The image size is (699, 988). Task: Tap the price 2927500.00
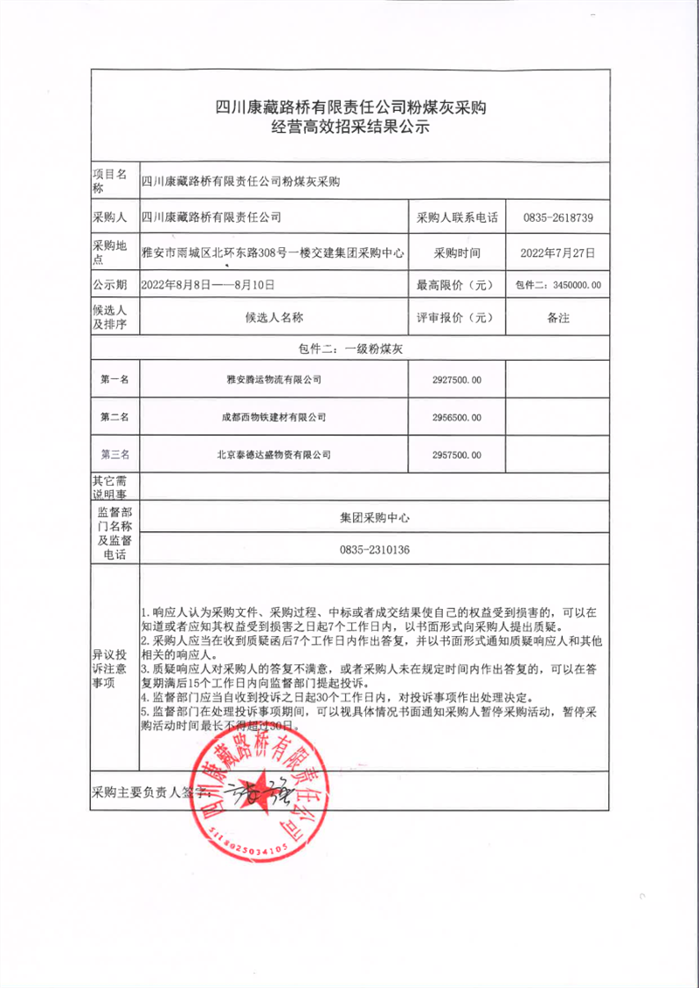click(456, 380)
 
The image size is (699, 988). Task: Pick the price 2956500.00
click(456, 418)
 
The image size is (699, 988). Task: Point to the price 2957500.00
click(456, 455)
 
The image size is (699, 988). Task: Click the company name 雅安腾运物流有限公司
click(273, 380)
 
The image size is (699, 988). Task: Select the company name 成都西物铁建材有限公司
click(273, 418)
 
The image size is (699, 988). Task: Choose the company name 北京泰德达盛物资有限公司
click(273, 455)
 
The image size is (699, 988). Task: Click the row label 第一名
click(115, 380)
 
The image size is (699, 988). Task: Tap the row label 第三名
click(115, 455)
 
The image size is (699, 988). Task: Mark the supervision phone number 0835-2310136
click(374, 550)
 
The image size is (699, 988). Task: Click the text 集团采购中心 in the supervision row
click(374, 517)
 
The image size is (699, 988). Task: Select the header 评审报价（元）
click(456, 318)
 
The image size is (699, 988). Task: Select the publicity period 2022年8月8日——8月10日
click(208, 285)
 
